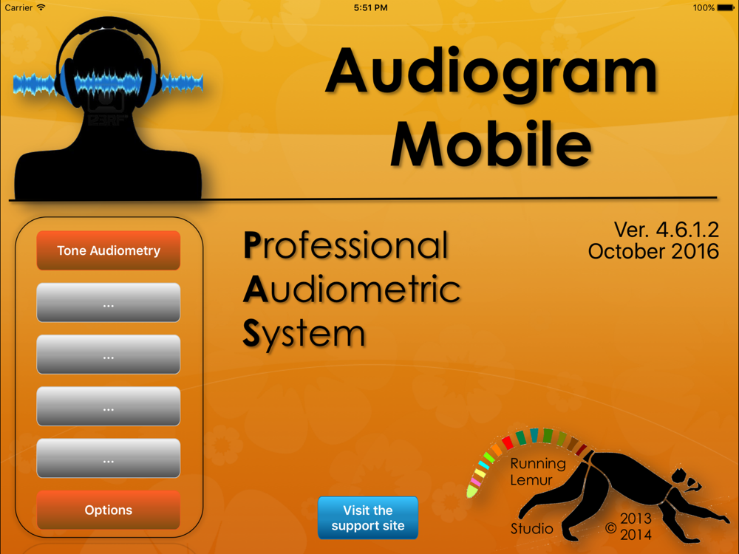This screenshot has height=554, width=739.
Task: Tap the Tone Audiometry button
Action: [x=109, y=250]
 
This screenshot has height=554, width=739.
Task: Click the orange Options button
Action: [x=109, y=510]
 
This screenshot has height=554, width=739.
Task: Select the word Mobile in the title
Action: [x=491, y=143]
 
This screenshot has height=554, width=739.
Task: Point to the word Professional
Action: [x=345, y=245]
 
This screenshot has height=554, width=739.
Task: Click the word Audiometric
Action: [x=352, y=289]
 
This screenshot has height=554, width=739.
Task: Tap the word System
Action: [x=304, y=335]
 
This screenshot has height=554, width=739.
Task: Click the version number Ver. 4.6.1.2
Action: [x=666, y=230]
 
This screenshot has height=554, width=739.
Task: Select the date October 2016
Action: [x=653, y=251]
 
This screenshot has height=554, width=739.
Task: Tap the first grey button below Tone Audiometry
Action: [x=109, y=302]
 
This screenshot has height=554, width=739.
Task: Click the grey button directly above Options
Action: [x=109, y=458]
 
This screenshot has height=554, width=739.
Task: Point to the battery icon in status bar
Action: [x=726, y=7]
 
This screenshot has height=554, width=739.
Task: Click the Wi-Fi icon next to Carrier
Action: [x=41, y=7]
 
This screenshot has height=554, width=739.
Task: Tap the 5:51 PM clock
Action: [x=370, y=7]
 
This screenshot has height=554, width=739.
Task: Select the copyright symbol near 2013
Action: [x=611, y=527]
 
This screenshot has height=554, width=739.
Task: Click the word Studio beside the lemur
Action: [x=531, y=529]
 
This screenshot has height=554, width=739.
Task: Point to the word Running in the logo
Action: [x=538, y=464]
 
